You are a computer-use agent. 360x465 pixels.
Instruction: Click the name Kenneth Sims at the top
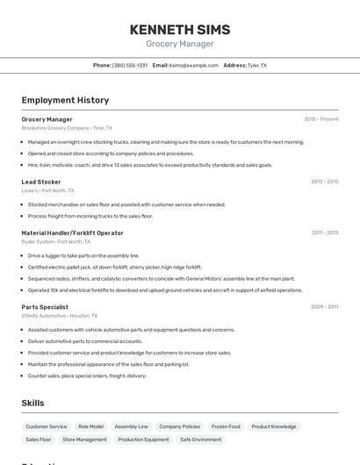(x=179, y=29)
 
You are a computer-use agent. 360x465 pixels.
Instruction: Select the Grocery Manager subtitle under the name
(x=179, y=43)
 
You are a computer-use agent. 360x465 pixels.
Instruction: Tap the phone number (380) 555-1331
(x=130, y=65)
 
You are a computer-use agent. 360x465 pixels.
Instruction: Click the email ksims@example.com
(x=193, y=65)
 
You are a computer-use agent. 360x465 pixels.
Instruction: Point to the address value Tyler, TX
(x=257, y=65)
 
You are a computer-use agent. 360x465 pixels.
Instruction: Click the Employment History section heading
(x=65, y=100)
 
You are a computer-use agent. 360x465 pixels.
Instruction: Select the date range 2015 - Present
(x=321, y=119)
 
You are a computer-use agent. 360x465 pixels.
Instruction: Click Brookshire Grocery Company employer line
(x=67, y=128)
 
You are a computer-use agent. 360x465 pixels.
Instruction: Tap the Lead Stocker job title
(x=41, y=182)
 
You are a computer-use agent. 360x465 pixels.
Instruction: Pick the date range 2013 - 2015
(x=324, y=182)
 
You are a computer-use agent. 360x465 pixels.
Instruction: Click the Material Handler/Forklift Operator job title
(x=73, y=232)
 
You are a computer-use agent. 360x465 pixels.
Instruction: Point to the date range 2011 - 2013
(x=324, y=232)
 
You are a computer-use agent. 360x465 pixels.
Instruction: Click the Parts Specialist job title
(x=45, y=307)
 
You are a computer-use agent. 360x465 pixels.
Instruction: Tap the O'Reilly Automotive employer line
(x=60, y=316)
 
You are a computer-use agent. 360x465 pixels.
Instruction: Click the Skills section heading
(x=33, y=403)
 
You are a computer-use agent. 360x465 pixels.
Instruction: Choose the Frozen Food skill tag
(x=226, y=426)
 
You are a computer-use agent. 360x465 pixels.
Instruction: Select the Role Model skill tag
(x=90, y=426)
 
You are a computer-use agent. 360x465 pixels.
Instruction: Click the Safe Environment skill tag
(x=201, y=440)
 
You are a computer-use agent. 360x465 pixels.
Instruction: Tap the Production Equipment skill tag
(x=143, y=440)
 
